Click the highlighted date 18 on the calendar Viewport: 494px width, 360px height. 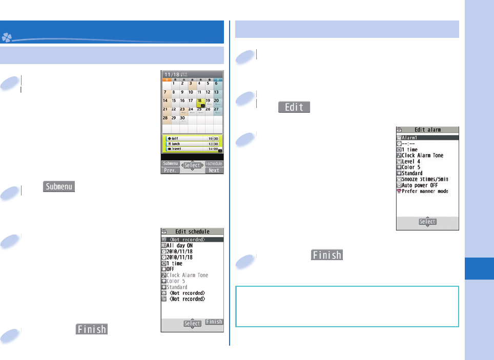click(200, 101)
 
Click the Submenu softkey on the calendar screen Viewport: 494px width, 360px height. click(171, 163)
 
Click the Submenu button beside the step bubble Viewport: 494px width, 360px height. click(59, 187)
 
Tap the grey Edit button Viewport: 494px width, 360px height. click(294, 107)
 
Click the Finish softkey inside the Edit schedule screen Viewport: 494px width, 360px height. click(214, 322)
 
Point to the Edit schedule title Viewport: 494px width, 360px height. click(192, 232)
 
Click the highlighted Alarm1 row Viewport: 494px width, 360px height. click(427, 137)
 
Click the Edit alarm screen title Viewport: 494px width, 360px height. click(427, 130)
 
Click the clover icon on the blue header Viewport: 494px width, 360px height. click(7, 37)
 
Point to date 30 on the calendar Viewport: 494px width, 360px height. click(182, 118)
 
